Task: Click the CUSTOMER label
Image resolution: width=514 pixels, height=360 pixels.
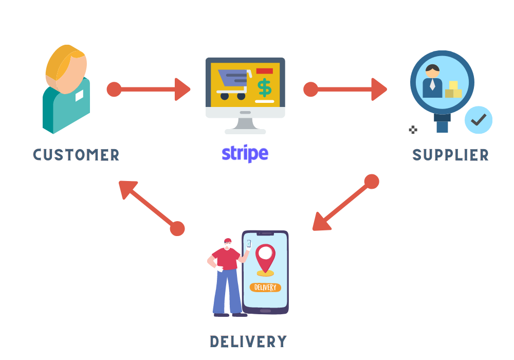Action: (76, 155)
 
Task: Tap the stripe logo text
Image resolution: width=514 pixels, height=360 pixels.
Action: (245, 153)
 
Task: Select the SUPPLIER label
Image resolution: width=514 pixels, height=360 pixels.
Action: (450, 155)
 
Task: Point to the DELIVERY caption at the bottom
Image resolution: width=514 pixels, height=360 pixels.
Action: (248, 341)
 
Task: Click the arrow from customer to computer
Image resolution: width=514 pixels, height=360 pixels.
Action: (149, 89)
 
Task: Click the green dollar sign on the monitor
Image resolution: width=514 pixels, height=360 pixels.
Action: (265, 87)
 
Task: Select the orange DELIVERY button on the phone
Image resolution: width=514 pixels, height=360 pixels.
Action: (265, 287)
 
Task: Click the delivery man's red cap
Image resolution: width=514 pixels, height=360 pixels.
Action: (228, 241)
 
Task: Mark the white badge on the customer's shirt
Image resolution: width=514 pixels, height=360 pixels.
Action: (80, 96)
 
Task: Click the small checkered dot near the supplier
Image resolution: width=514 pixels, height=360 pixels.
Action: (413, 130)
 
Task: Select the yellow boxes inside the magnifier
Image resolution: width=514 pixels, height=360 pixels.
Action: (453, 90)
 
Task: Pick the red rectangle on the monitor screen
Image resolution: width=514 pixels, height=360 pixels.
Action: (264, 70)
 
